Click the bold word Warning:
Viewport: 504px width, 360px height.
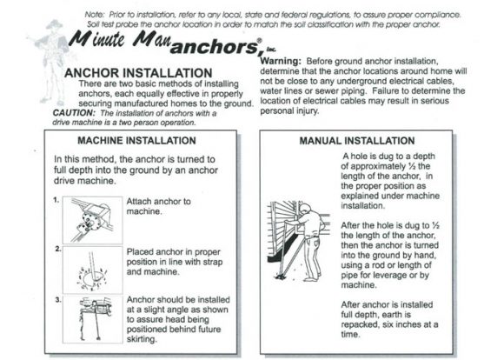pyautogui.click(x=281, y=61)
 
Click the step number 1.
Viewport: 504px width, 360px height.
pyautogui.click(x=55, y=199)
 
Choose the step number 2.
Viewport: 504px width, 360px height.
pyautogui.click(x=55, y=250)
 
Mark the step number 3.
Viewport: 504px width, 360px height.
pyautogui.click(x=55, y=300)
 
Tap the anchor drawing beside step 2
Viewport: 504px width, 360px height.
pyautogui.click(x=86, y=266)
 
